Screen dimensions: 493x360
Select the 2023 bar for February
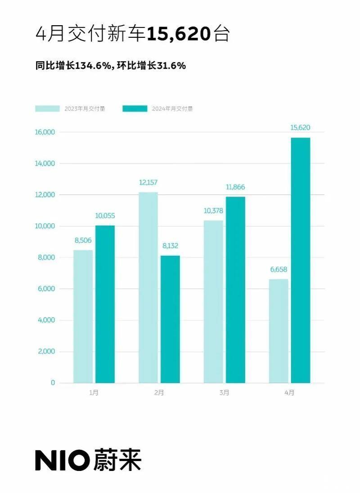(148, 287)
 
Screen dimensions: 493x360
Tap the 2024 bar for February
(170, 319)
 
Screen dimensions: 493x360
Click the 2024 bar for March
(235, 290)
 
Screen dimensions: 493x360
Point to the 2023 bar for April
(279, 331)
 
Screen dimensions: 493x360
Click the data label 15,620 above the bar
(300, 128)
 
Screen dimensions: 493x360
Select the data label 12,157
(148, 183)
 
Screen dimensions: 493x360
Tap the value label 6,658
(279, 270)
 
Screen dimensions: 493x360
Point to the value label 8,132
(170, 246)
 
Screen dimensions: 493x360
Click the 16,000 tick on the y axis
(45, 132)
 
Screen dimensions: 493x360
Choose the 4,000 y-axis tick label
(46, 320)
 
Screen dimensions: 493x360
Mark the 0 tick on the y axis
(53, 383)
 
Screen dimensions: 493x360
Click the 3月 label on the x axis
(224, 393)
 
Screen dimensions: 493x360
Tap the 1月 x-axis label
(94, 393)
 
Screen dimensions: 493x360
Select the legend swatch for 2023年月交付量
(47, 108)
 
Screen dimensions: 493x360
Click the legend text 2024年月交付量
(172, 108)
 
